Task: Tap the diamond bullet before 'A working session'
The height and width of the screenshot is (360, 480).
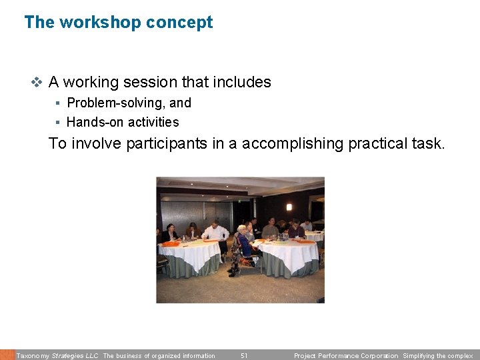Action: [x=37, y=83]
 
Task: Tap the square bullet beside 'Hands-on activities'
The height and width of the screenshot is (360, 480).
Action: [x=59, y=122]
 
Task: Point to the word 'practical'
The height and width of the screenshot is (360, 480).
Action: [x=381, y=143]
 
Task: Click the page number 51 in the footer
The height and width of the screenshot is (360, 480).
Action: [x=244, y=355]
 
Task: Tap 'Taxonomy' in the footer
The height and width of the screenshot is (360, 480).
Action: [x=32, y=355]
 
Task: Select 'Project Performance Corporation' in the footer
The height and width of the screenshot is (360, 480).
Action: [x=346, y=355]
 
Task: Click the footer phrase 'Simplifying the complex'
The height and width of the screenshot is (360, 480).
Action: [x=437, y=355]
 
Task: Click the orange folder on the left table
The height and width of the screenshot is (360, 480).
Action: [x=172, y=243]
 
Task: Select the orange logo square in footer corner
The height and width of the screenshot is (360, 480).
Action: [x=7, y=355]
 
